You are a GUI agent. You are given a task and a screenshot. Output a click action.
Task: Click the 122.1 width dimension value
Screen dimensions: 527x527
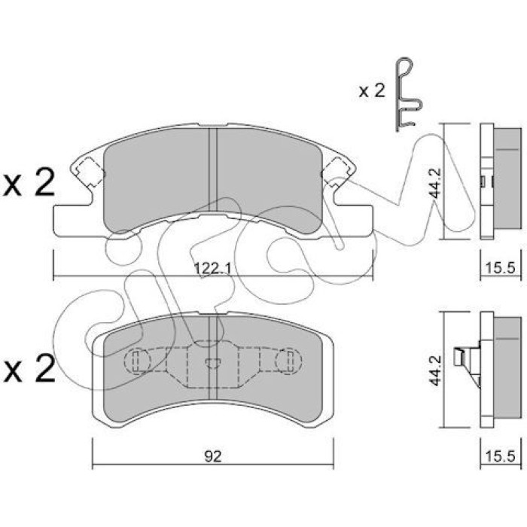(x=213, y=269)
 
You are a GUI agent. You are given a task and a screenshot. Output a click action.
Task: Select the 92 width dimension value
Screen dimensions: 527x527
(x=213, y=456)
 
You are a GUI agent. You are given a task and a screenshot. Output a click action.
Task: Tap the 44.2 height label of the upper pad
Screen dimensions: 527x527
(x=436, y=182)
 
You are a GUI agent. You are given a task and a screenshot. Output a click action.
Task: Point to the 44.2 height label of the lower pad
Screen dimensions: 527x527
(x=436, y=370)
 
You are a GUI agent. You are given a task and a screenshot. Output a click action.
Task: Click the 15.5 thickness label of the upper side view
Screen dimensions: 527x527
(x=500, y=268)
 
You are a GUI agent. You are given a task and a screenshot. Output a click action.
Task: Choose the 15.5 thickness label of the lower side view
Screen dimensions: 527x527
(x=500, y=456)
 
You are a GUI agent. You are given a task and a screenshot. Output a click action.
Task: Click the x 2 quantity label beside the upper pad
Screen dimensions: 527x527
(x=29, y=182)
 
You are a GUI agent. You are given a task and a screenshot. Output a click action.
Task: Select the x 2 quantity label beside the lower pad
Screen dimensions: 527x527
(x=29, y=369)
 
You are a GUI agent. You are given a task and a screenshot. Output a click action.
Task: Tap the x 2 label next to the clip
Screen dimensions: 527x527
(x=372, y=91)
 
